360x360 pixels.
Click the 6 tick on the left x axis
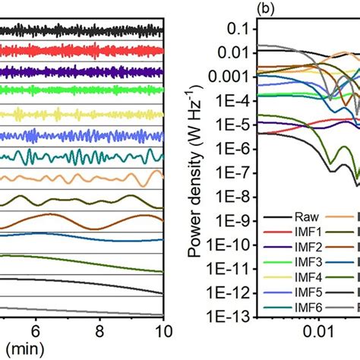tap(35, 331)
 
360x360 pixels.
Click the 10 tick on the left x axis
tap(160, 331)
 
